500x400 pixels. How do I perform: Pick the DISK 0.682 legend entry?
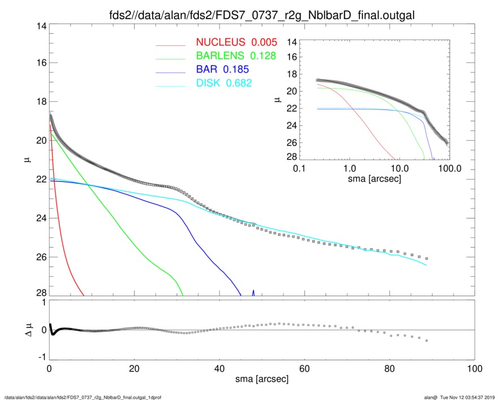[x=224, y=83]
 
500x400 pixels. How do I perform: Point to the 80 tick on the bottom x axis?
[x=389, y=369]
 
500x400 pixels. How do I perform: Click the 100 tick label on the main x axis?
[x=474, y=369]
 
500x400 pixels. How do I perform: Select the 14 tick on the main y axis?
[x=41, y=26]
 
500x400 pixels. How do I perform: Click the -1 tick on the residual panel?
[x=41, y=358]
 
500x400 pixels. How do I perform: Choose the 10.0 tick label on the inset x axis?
[x=399, y=168]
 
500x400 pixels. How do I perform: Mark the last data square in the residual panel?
[x=427, y=341]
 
